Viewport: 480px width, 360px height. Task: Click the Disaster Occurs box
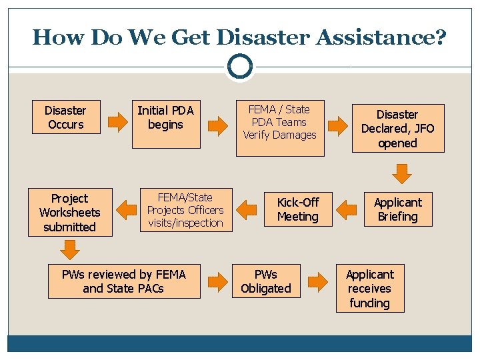tap(65, 117)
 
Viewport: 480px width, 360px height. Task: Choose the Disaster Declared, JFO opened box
tap(397, 129)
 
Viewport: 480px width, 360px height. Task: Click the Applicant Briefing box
tap(397, 209)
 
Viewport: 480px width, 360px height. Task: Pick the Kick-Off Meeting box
tap(297, 209)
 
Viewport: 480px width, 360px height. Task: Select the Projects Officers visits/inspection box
tap(185, 210)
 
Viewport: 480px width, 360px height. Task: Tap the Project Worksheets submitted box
tap(70, 213)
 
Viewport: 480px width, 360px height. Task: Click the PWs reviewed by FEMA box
tap(124, 281)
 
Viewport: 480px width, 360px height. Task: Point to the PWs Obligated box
tap(266, 281)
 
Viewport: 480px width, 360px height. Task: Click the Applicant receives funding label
tap(369, 289)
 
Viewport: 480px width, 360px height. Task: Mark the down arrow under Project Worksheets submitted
tap(70, 249)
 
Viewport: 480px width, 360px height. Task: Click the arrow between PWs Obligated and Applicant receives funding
tap(318, 282)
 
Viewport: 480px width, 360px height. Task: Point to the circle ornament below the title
tap(239, 67)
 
